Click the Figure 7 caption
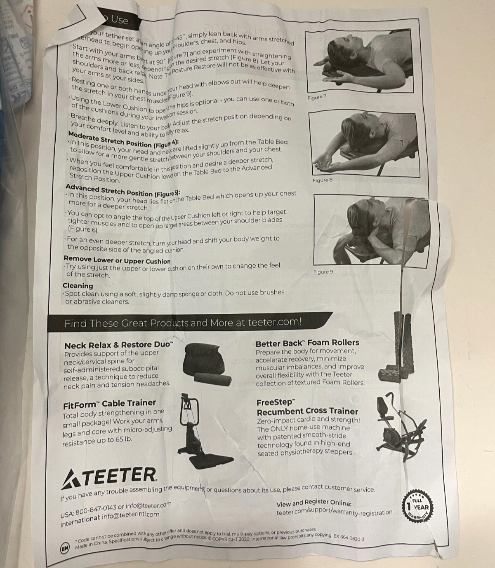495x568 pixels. (317, 97)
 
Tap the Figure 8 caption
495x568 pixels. (322, 180)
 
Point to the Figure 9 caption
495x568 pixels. (323, 272)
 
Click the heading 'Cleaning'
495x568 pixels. (78, 285)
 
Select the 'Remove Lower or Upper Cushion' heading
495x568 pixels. (117, 261)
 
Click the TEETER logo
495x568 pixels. (109, 476)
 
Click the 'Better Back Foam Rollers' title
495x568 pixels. (307, 343)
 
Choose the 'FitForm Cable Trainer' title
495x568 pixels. (109, 403)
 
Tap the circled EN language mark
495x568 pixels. (65, 548)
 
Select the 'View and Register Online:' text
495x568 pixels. (314, 503)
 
